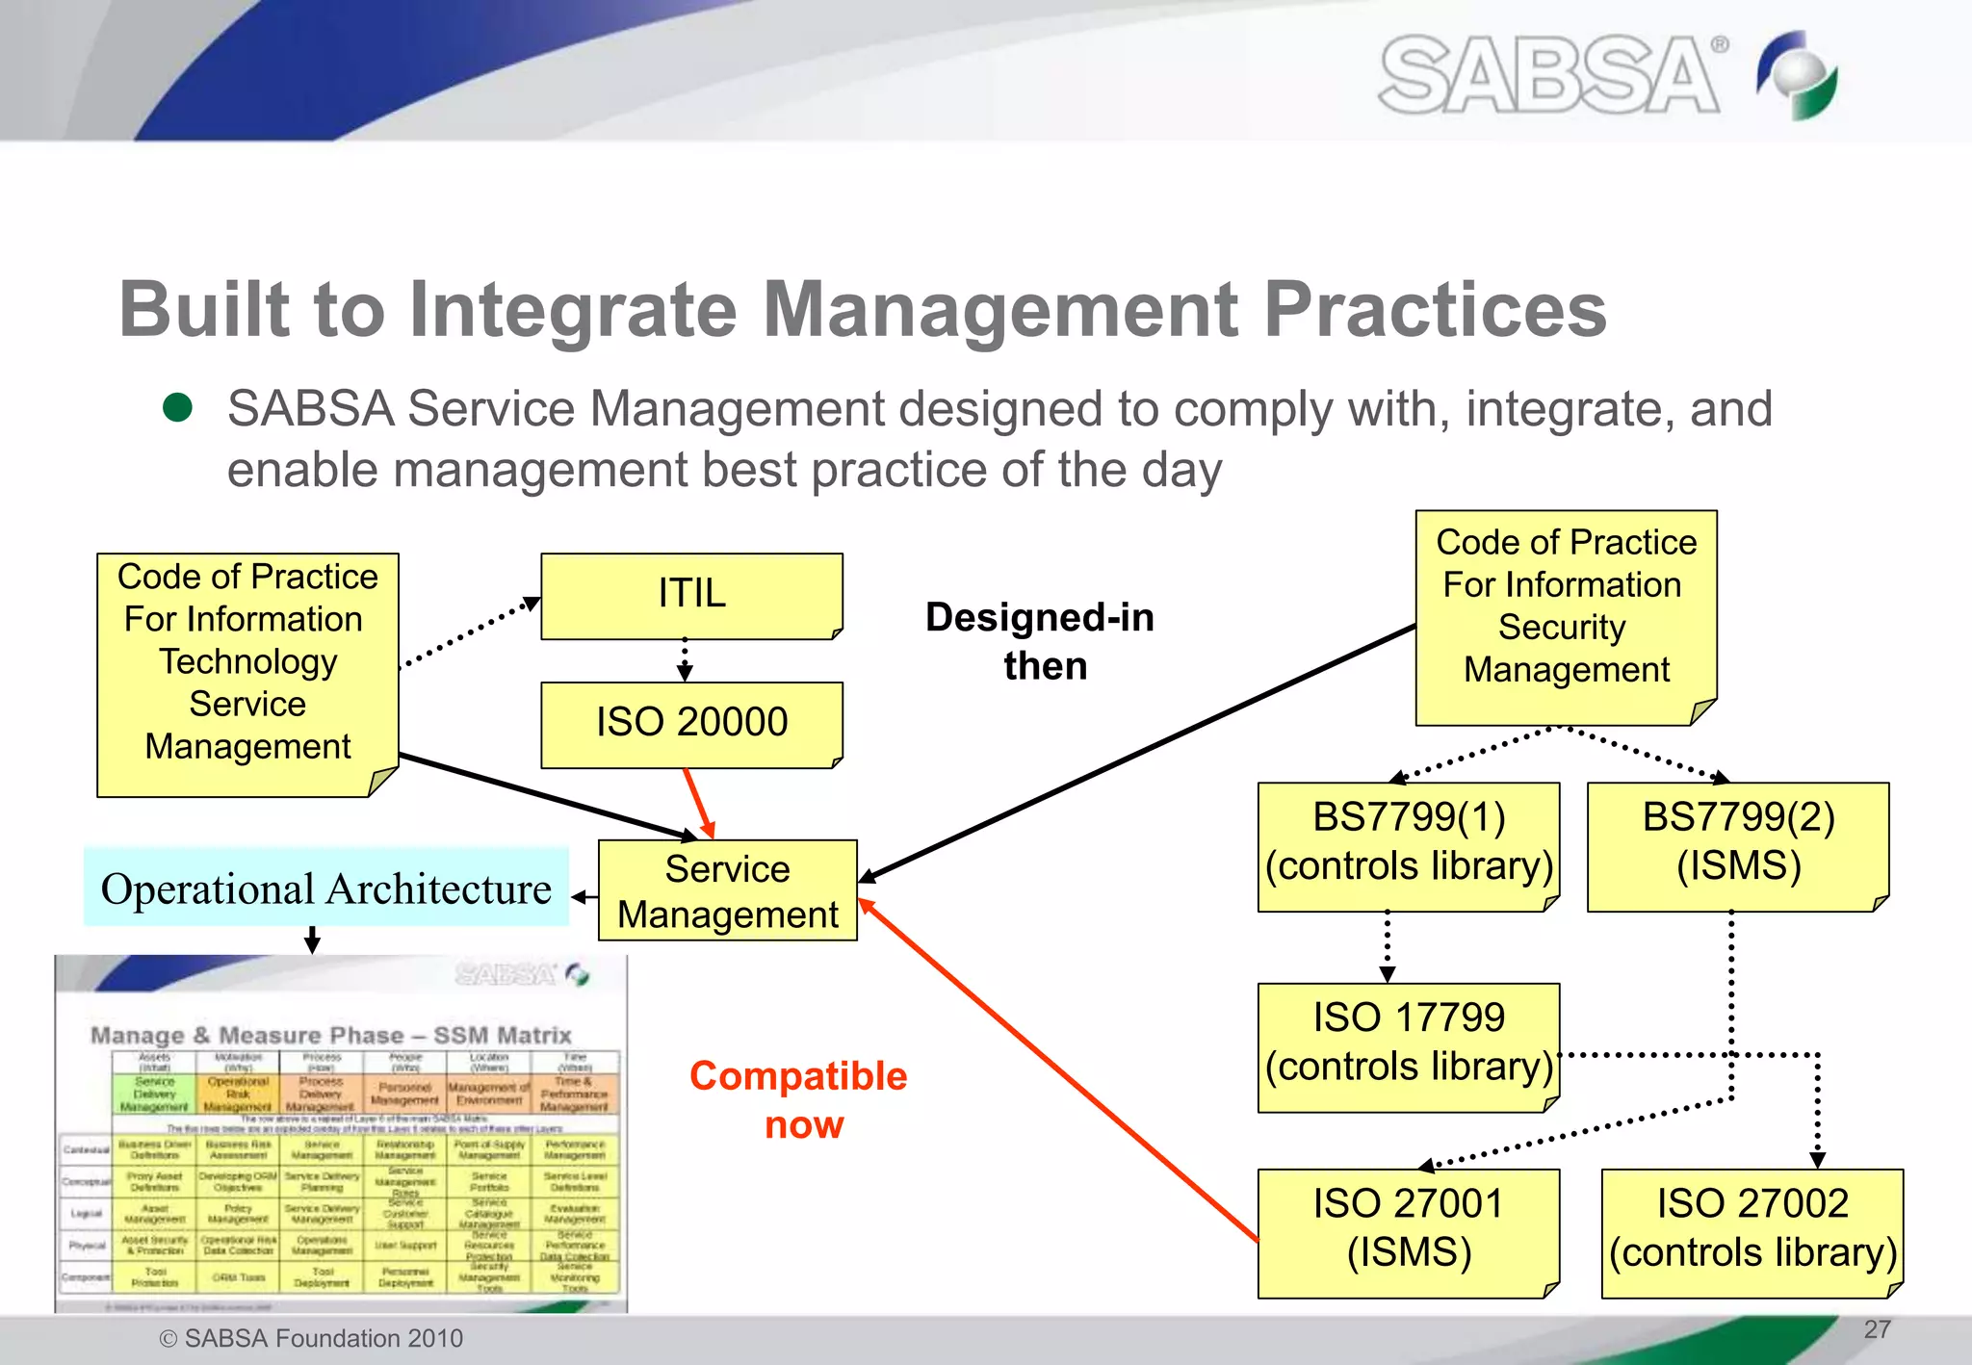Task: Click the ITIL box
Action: [x=691, y=595]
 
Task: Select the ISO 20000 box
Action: [x=691, y=724]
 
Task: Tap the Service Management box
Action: [x=727, y=890]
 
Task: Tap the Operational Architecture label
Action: [x=325, y=888]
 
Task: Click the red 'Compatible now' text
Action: [x=799, y=1099]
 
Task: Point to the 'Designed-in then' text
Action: [x=1041, y=641]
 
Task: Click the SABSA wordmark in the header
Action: [x=1548, y=75]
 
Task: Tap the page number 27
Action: [x=1877, y=1329]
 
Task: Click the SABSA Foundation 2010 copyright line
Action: [x=311, y=1338]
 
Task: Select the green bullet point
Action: [x=178, y=407]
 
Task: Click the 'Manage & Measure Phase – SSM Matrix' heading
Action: [x=330, y=1036]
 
